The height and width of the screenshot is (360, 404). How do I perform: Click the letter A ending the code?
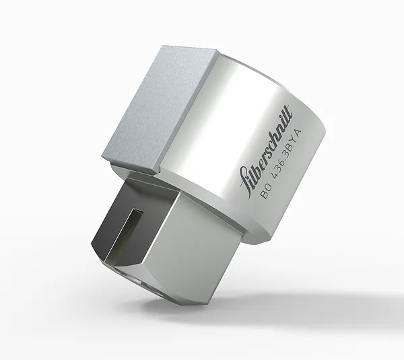click(298, 133)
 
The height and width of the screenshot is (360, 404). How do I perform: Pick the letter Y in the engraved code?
click(294, 141)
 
